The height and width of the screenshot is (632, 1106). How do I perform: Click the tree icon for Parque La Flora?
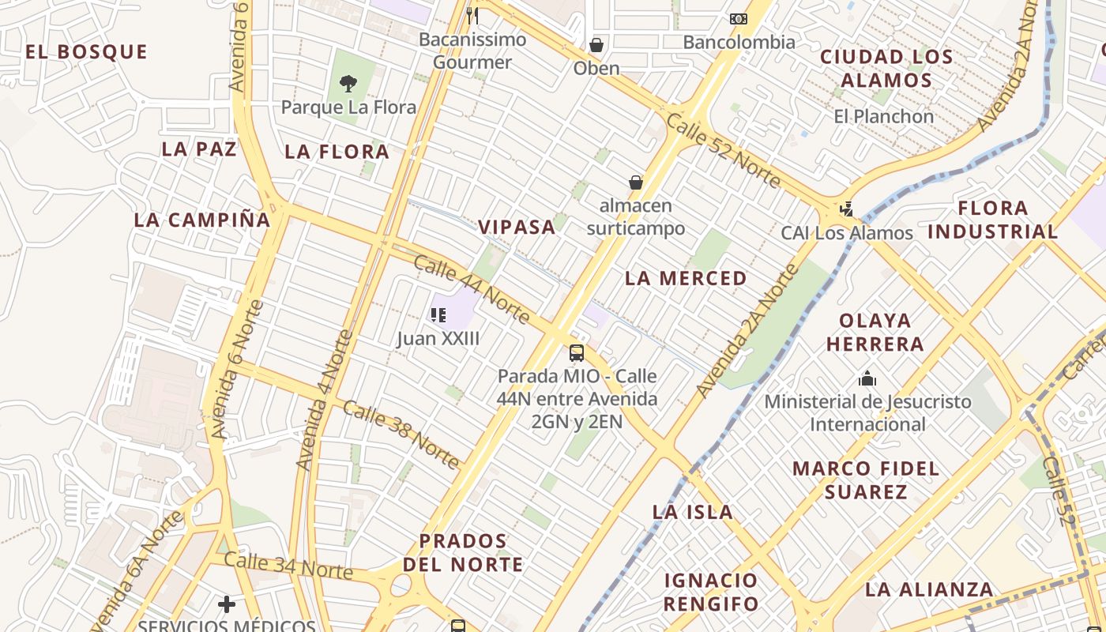click(x=348, y=83)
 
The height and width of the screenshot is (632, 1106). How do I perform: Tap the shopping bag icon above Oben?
click(x=596, y=45)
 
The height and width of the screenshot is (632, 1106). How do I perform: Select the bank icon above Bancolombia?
click(x=738, y=18)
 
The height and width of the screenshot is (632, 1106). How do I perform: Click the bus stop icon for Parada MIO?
click(x=577, y=352)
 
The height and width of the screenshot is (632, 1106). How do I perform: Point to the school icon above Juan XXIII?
click(x=438, y=315)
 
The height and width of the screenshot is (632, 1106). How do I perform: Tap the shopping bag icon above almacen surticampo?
click(x=636, y=182)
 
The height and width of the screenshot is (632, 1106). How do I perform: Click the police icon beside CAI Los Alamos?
click(x=847, y=209)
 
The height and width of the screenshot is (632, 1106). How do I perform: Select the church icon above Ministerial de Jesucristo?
click(x=867, y=378)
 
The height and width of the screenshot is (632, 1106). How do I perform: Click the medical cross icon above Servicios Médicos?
click(x=227, y=604)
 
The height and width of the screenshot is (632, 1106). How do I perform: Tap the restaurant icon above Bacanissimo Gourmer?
click(x=472, y=15)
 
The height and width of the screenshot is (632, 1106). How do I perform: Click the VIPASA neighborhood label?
click(x=517, y=228)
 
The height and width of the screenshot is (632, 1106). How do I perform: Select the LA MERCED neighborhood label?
click(x=686, y=278)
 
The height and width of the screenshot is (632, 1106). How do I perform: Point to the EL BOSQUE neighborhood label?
click(x=86, y=52)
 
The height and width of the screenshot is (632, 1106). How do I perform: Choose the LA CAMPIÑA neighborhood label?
click(x=202, y=220)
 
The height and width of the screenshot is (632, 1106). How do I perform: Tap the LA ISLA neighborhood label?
click(x=693, y=512)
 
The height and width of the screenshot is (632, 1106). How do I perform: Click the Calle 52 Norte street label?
click(x=723, y=150)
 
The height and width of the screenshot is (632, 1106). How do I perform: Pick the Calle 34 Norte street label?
click(x=288, y=566)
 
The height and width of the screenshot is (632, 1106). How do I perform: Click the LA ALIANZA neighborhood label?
click(x=929, y=589)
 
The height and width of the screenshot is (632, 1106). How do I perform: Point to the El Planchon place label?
click(x=884, y=116)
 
